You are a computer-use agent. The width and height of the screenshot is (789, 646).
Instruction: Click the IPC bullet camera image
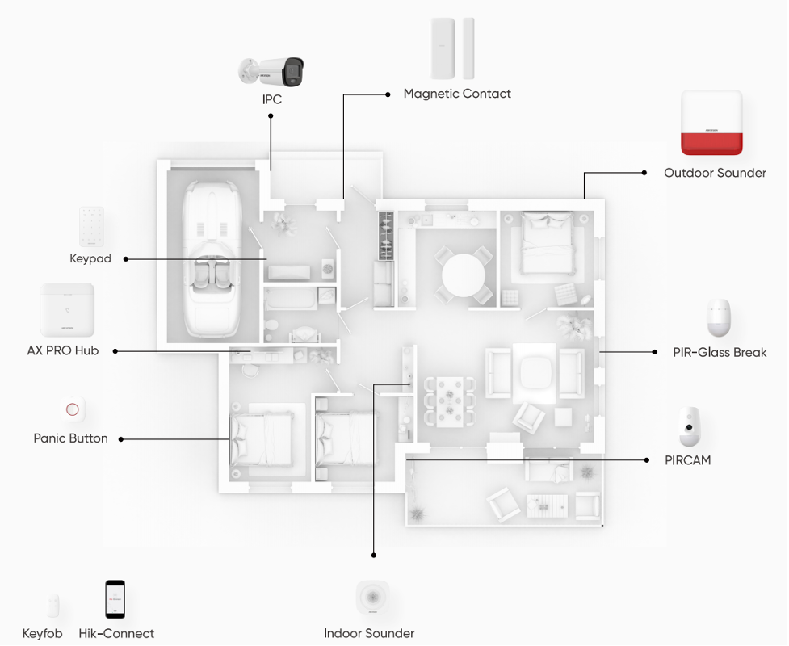point(271,71)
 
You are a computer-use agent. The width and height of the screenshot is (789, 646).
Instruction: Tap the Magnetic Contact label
point(457,94)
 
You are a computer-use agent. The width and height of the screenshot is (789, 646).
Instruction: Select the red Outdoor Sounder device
point(711,123)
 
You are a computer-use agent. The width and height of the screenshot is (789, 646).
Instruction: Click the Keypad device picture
point(91,227)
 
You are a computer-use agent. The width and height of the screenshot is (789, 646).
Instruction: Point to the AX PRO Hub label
point(63,350)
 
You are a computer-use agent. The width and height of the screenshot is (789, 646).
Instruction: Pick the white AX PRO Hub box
point(67,310)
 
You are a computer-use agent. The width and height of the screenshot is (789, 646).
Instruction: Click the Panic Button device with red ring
point(73,409)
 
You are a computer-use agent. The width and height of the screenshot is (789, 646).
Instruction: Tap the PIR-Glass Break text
point(720,353)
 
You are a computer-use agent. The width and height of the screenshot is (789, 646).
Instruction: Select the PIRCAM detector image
point(690,427)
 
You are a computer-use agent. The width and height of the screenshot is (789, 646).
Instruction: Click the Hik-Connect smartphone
point(115,599)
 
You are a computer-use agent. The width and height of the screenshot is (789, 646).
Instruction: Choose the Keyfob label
point(42,633)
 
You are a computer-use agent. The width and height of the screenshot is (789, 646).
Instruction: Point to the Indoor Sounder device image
point(373,598)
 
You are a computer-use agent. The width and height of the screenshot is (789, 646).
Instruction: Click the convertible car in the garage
point(212,259)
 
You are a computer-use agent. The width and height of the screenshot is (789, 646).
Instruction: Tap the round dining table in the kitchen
point(464,275)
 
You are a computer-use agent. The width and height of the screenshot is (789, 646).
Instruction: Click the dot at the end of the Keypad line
point(126,259)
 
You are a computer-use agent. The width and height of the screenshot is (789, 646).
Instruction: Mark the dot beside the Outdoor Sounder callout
point(644,173)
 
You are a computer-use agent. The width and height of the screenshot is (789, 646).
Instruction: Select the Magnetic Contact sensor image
point(452,48)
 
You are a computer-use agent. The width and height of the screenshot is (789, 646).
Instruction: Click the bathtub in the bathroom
point(291,299)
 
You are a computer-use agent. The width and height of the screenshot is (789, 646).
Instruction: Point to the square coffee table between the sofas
point(535,373)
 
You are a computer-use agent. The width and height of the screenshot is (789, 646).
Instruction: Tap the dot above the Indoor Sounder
point(373,556)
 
